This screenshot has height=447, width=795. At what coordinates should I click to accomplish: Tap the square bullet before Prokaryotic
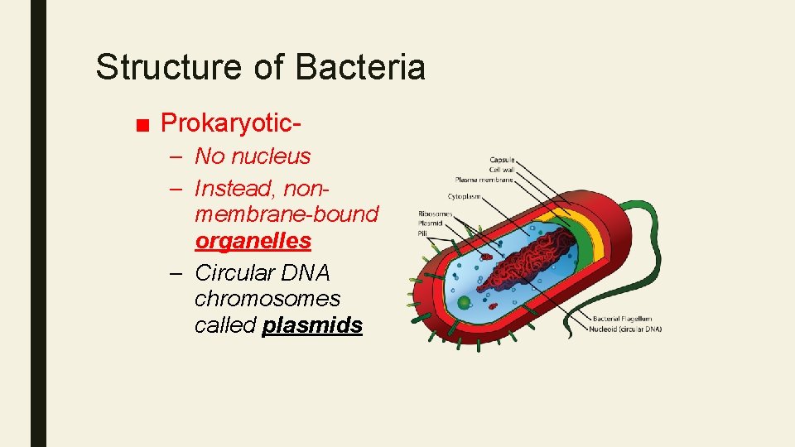point(142,125)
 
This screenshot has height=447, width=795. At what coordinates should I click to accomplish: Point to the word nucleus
point(271,156)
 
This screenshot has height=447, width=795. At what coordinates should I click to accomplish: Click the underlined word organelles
point(253,241)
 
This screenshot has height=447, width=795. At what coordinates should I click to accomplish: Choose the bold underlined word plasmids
point(312,325)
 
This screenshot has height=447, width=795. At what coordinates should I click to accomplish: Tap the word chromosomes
point(267,297)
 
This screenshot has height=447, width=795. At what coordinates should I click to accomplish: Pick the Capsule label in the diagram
point(502,160)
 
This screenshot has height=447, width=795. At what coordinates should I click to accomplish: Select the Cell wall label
point(501,170)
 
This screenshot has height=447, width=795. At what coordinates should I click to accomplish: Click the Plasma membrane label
point(484,180)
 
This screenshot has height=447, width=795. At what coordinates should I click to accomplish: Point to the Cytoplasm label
point(466,196)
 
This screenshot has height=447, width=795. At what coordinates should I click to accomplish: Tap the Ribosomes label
point(436,214)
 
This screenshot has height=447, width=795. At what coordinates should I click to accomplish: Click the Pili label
point(424,233)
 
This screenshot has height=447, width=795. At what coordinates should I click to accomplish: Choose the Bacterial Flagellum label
point(622,319)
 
